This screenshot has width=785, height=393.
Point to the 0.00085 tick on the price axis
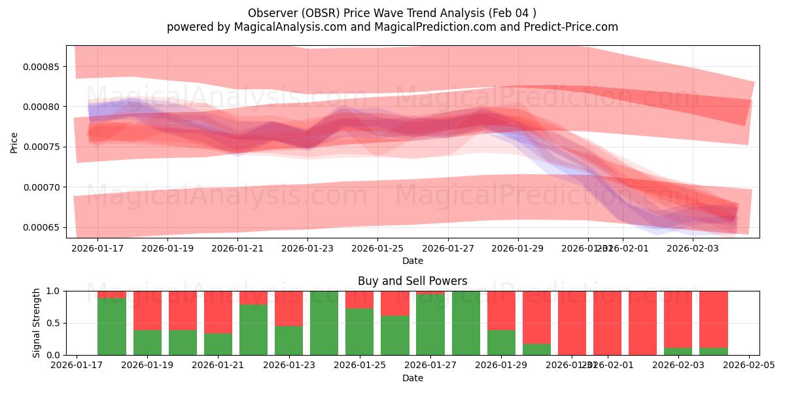pos(41,67)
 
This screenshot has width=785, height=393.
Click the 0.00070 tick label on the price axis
pos(41,187)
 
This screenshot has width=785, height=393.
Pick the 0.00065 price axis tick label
pos(41,227)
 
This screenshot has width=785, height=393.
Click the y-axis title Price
pos(14,142)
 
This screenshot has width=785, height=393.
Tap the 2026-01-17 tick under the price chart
pos(97,248)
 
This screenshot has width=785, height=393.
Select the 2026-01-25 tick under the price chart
pos(377,248)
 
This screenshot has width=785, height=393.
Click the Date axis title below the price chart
pos(412,261)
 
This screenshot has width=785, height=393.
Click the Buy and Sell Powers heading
pos(412,281)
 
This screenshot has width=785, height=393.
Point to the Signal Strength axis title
pos(37,323)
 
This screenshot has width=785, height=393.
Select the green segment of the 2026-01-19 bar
pos(147,343)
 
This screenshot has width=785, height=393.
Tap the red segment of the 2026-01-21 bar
pos(218,312)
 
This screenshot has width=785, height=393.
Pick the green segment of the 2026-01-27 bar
pos(430,325)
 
